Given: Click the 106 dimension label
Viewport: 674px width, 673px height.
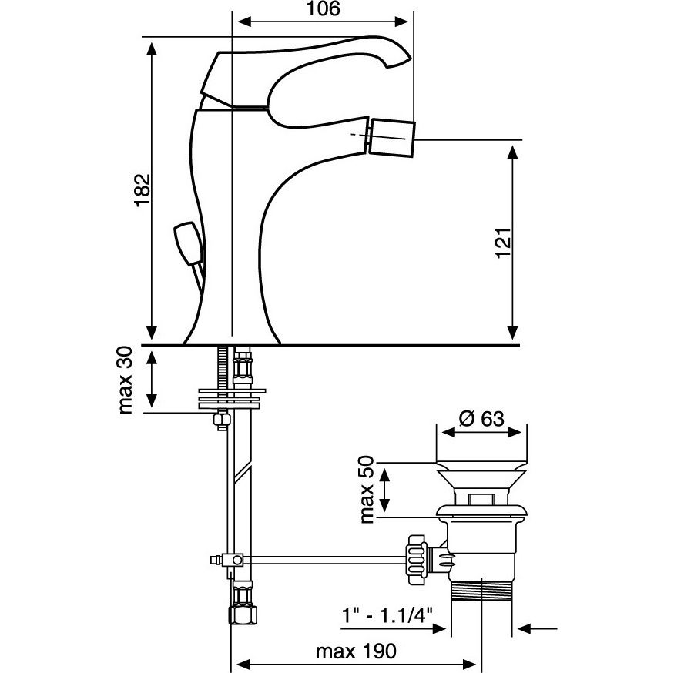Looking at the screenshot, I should pos(322,9).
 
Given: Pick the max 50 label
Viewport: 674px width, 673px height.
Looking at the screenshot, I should pos(367,490).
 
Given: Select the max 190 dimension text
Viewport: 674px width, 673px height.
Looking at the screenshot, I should pos(356,652).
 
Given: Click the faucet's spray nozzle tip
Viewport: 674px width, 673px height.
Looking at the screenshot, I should pos(393,137).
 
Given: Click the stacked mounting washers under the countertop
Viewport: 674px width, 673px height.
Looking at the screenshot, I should pos(232,397).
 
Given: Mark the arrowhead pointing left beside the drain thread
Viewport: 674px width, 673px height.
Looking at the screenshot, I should pos(525,629).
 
